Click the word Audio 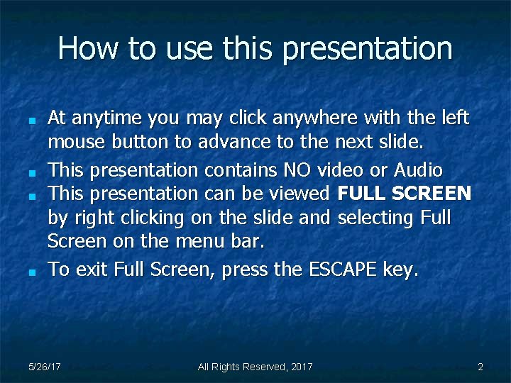pyautogui.click(x=418, y=170)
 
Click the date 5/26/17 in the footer pyautogui.click(x=44, y=367)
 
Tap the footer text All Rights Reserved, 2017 pyautogui.click(x=255, y=367)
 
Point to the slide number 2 pyautogui.click(x=480, y=367)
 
